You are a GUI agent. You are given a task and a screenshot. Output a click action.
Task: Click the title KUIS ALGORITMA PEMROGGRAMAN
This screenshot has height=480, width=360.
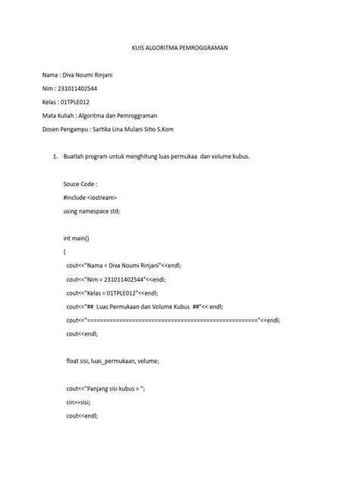pyautogui.click(x=180, y=47)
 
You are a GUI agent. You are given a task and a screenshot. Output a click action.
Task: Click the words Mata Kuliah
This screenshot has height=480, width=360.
pyautogui.click(x=58, y=115)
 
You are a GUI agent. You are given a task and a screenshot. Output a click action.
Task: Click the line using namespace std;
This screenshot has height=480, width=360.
pyautogui.click(x=93, y=210)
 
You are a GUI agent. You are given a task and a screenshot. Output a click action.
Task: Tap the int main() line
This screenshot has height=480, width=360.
pyautogui.click(x=77, y=238)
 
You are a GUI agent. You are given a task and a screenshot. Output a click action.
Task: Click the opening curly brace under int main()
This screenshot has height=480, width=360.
pyautogui.click(x=65, y=251)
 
